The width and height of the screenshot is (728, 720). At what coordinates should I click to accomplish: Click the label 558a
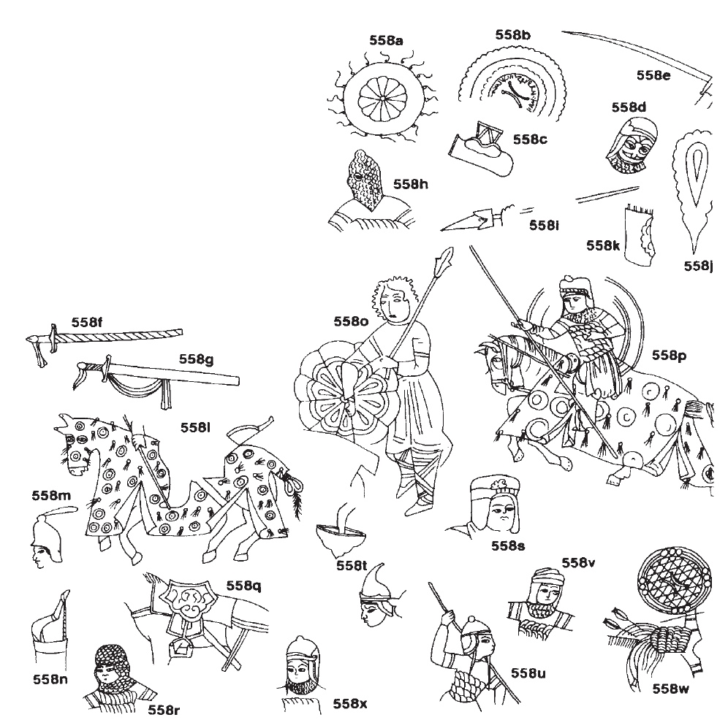(386, 41)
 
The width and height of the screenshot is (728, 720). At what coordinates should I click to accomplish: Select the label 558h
(411, 184)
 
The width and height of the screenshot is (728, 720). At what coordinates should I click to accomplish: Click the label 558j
(698, 266)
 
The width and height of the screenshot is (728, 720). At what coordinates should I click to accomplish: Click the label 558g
(197, 359)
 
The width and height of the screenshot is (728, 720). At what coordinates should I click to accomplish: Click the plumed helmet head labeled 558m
(48, 537)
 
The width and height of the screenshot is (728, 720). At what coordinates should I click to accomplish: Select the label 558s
(508, 546)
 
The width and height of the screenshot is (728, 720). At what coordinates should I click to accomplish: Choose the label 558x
(349, 704)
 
